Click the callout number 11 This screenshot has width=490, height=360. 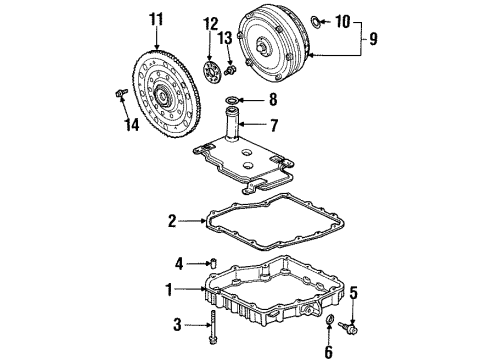coord(156,19)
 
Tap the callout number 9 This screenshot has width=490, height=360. coord(373,39)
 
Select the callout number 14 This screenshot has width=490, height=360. coord(132,125)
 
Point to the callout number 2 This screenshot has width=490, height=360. coord(172,221)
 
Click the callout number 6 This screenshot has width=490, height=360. coord(328,352)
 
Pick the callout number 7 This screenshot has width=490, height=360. coord(274,125)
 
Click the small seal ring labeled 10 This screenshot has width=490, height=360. coord(316,21)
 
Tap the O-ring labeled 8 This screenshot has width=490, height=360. coord(232,100)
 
